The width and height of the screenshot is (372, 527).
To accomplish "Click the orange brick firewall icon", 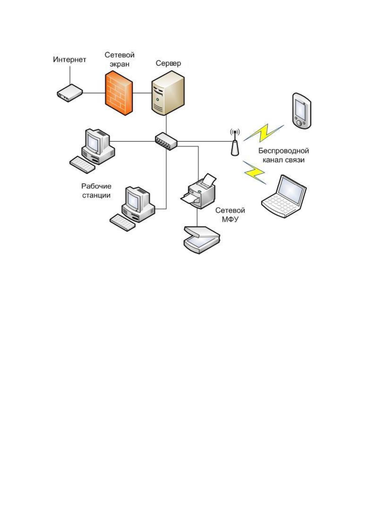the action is [x=119, y=93].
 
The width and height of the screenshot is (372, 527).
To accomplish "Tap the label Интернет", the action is [x=70, y=59].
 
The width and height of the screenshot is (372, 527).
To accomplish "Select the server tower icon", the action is [x=168, y=93].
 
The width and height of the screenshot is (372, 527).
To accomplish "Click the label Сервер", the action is [x=168, y=63].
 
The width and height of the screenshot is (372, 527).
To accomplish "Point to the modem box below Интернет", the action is [x=70, y=93].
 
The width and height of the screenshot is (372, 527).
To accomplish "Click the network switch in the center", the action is [x=166, y=141].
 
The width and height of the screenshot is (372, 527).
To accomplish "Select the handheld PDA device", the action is [x=301, y=110].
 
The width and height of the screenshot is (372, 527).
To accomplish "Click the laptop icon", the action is [x=284, y=196].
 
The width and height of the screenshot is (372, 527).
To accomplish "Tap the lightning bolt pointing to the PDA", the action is [x=264, y=133].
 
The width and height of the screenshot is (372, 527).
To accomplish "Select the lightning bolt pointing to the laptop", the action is [x=255, y=172].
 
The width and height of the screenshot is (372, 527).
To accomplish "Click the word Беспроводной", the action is [x=284, y=151].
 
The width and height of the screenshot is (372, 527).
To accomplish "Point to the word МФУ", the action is [x=230, y=219].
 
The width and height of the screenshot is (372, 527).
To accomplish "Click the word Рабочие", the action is [x=96, y=186].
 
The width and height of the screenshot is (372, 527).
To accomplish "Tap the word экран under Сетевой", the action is [x=120, y=64].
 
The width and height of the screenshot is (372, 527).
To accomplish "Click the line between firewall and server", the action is [x=142, y=93].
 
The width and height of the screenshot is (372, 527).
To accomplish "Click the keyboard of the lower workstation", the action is [x=122, y=222].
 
